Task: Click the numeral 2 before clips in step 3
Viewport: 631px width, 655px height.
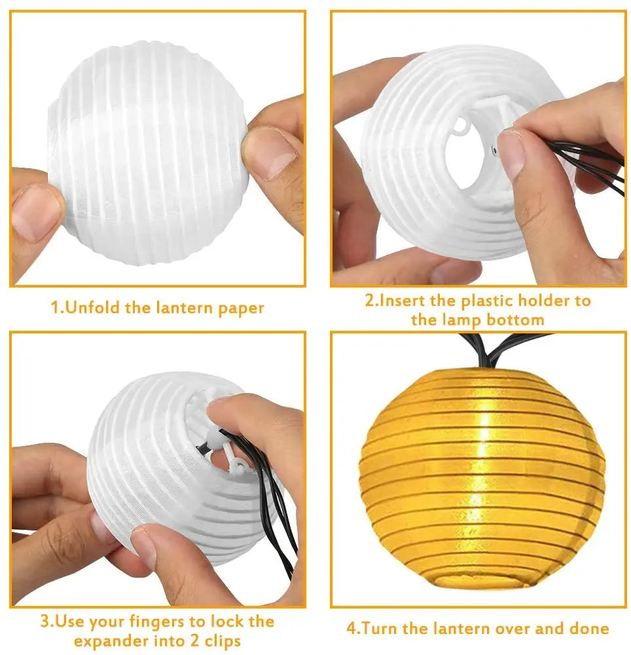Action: [x=189, y=641]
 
